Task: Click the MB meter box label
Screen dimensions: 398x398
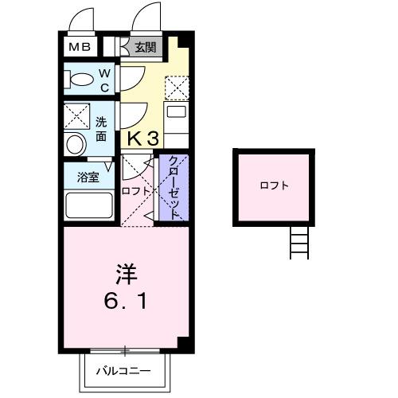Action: (x=79, y=47)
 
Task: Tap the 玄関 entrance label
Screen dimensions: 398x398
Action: (x=145, y=47)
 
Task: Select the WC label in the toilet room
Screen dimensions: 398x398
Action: (x=104, y=79)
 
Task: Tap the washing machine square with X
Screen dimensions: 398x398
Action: (x=78, y=116)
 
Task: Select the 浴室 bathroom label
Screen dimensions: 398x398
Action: (x=88, y=177)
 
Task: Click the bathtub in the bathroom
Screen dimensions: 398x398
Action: (x=88, y=205)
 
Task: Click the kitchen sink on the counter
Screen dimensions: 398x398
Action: (x=175, y=112)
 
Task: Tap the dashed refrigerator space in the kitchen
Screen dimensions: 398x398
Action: (x=177, y=86)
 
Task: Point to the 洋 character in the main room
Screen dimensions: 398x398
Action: (x=127, y=275)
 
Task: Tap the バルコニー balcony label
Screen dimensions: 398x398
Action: (x=127, y=371)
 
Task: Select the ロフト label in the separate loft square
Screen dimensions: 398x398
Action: (x=274, y=185)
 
